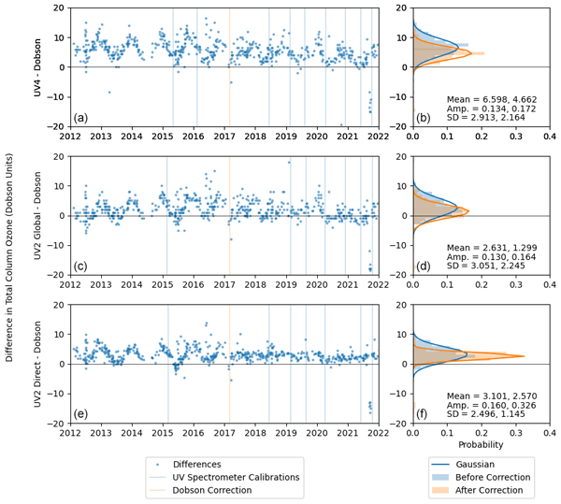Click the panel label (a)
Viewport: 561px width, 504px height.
pyautogui.click(x=81, y=117)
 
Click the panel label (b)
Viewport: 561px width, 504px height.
pyautogui.click(x=424, y=117)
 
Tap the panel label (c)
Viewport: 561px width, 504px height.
pyautogui.click(x=81, y=266)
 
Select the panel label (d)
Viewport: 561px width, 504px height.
pyautogui.click(x=424, y=266)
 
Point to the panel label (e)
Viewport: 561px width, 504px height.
pyautogui.click(x=81, y=413)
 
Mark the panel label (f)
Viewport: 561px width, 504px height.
pyautogui.click(x=424, y=413)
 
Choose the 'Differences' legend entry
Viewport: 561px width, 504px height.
pyautogui.click(x=215, y=464)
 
